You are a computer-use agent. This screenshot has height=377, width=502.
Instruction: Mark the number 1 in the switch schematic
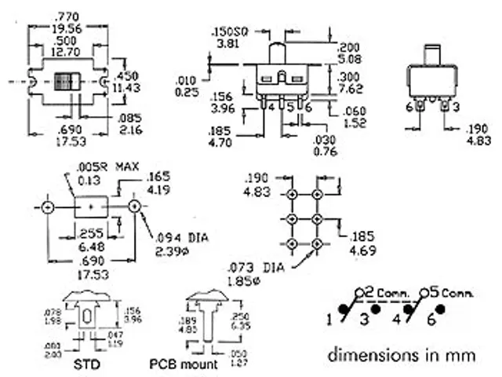(x=331, y=319)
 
